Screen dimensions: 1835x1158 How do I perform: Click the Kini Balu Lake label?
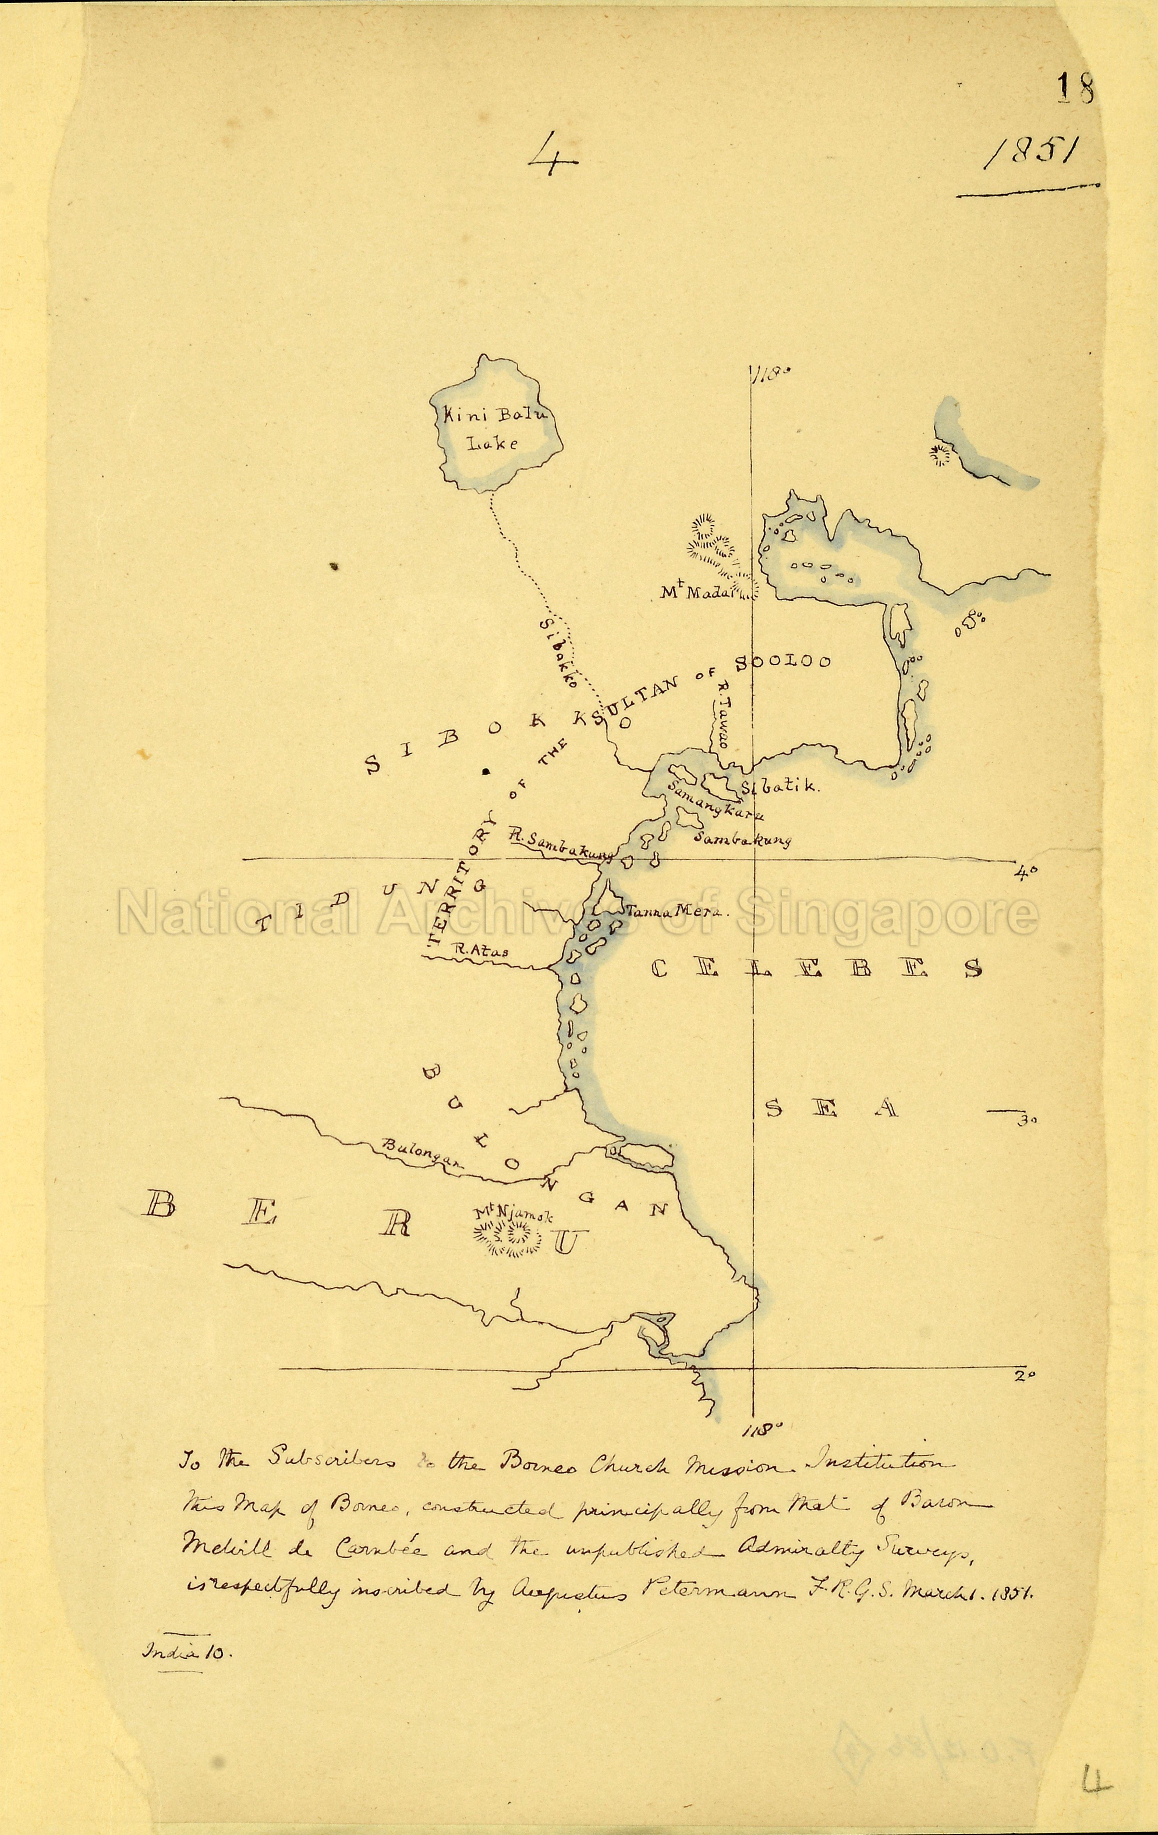pos(495,428)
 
